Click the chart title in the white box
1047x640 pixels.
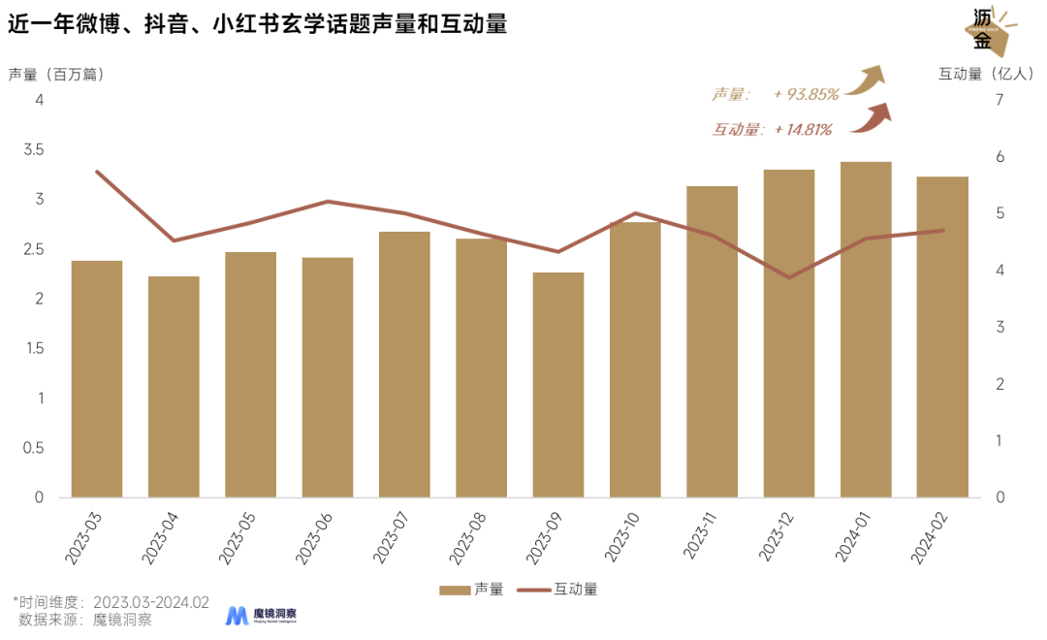tap(258, 24)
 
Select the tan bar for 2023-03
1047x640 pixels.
tap(97, 378)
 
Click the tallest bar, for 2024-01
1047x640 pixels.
tap(866, 330)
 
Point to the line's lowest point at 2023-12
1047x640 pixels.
tap(789, 277)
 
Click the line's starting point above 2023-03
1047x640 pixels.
tap(97, 171)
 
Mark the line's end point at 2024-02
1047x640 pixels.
tap(942, 230)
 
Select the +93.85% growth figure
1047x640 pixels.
tap(807, 94)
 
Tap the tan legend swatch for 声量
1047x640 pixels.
tap(455, 590)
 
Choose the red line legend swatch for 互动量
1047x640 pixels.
tap(533, 590)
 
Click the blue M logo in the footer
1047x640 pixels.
tap(237, 616)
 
